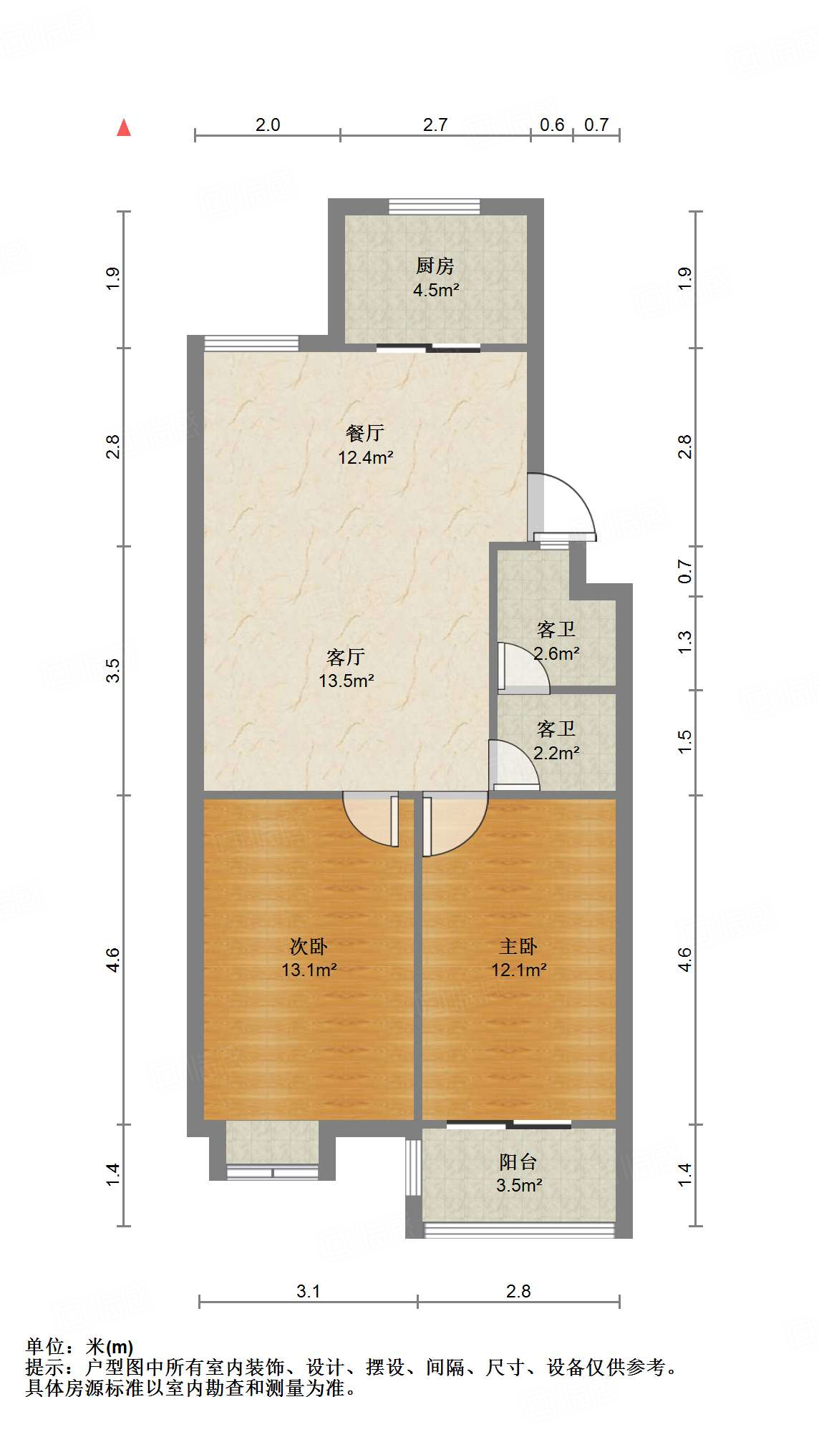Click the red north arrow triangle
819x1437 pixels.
(124, 128)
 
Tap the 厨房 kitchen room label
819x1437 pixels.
(435, 266)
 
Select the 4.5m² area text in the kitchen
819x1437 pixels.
(435, 291)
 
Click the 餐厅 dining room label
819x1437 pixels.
(365, 433)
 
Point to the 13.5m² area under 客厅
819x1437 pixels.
(346, 681)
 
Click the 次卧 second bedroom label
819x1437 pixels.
(309, 947)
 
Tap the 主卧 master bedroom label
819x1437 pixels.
(518, 947)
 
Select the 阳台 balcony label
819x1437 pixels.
(518, 1162)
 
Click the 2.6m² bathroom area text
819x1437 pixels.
(557, 653)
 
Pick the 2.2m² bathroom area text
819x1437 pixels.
(557, 753)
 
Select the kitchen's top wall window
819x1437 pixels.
(435, 207)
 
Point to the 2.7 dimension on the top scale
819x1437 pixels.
(435, 125)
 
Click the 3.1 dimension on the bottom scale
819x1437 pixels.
(308, 1291)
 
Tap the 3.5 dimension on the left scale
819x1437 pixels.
(113, 671)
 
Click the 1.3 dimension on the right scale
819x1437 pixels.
(685, 642)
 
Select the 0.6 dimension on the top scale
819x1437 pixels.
(552, 125)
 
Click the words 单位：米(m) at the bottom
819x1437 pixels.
(79, 1347)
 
